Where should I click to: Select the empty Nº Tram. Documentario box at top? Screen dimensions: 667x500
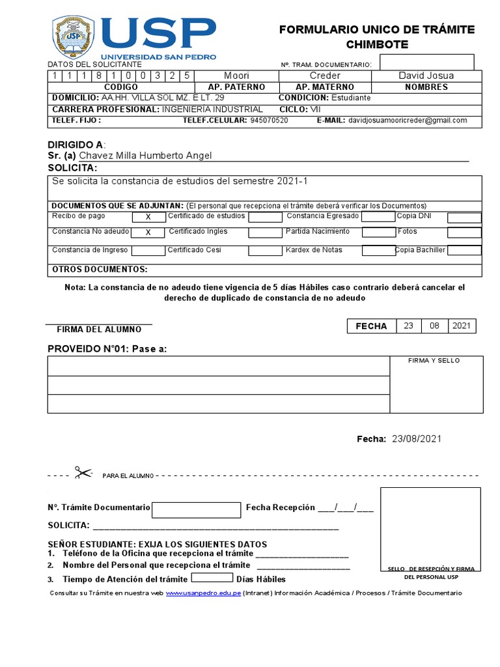coord(426,63)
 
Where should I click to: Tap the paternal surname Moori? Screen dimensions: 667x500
coord(236,76)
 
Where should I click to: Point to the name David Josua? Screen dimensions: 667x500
coord(426,76)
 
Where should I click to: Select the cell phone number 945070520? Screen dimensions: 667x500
coord(269,121)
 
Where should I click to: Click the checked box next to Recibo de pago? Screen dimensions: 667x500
coord(148,217)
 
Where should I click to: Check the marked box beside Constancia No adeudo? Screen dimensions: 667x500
coord(148,232)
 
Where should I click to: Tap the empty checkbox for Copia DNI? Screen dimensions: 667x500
coord(464,217)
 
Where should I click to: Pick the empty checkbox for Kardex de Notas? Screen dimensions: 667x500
coord(378,250)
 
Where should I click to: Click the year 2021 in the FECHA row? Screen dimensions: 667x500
coord(462,326)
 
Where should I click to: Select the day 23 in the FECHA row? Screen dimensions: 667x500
coord(408,326)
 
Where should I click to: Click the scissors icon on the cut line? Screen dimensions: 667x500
coord(83,473)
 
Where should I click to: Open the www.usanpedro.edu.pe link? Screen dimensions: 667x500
coord(203,593)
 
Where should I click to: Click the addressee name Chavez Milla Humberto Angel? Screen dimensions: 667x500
coord(145,156)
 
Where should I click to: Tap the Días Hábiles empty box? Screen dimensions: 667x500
coord(212,578)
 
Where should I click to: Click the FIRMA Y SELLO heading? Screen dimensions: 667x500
coord(434,361)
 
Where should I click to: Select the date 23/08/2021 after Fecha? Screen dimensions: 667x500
coord(417,439)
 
